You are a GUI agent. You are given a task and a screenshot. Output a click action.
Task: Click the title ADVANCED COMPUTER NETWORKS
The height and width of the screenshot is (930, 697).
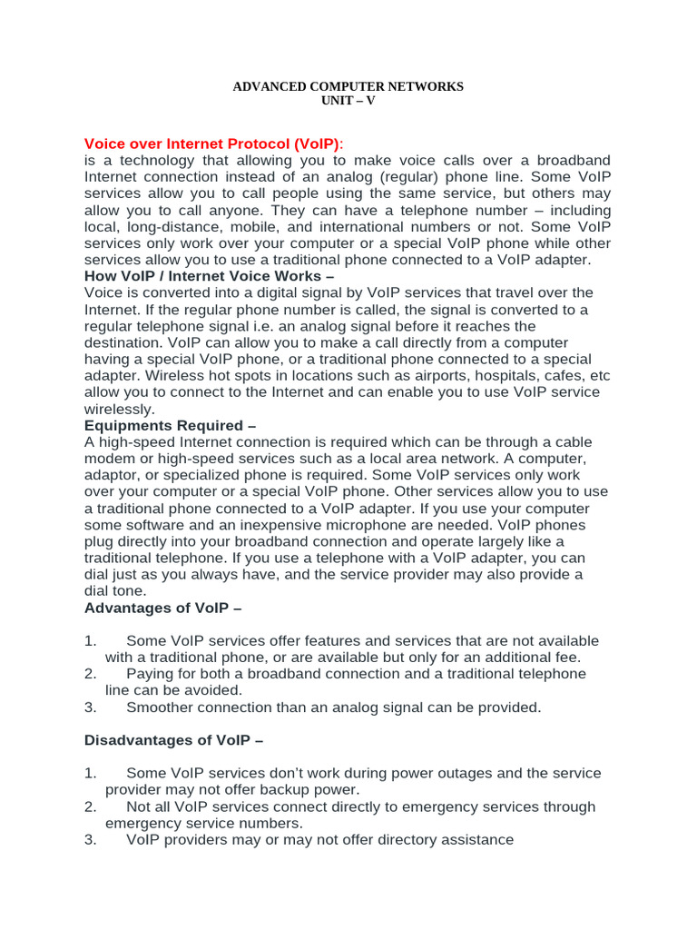348,86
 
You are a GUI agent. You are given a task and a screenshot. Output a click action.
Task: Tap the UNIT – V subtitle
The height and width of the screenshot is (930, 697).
348,101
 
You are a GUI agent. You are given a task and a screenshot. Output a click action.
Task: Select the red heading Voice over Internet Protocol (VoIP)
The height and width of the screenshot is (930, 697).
213,144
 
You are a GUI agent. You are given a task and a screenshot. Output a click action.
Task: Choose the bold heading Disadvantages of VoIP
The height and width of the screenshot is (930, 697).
173,740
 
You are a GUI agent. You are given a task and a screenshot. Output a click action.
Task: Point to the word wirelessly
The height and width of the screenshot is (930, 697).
120,409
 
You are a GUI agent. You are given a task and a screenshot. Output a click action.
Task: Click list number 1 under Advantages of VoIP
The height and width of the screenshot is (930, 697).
90,641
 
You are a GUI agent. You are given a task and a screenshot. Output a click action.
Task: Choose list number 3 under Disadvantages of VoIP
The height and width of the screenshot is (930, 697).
90,840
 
